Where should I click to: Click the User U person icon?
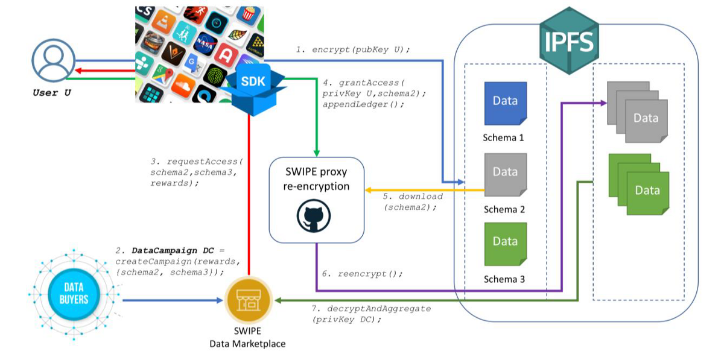click(54, 60)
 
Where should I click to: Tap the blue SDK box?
click(253, 89)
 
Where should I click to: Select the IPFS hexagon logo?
click(569, 41)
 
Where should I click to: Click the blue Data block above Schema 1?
click(506, 103)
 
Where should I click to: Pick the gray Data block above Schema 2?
click(506, 175)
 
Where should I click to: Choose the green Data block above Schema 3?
click(506, 244)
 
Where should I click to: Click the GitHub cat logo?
click(314, 216)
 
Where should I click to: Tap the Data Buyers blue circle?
click(74, 294)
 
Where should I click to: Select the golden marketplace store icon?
click(248, 300)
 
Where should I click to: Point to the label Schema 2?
click(504, 209)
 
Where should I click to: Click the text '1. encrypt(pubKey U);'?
click(353, 50)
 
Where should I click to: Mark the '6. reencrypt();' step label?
click(363, 274)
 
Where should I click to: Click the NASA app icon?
click(205, 44)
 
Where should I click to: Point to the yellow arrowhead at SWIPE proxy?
click(368, 190)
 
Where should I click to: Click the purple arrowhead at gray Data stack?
click(603, 103)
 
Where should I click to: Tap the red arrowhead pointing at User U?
click(78, 71)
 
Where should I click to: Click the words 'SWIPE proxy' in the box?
click(316, 172)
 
